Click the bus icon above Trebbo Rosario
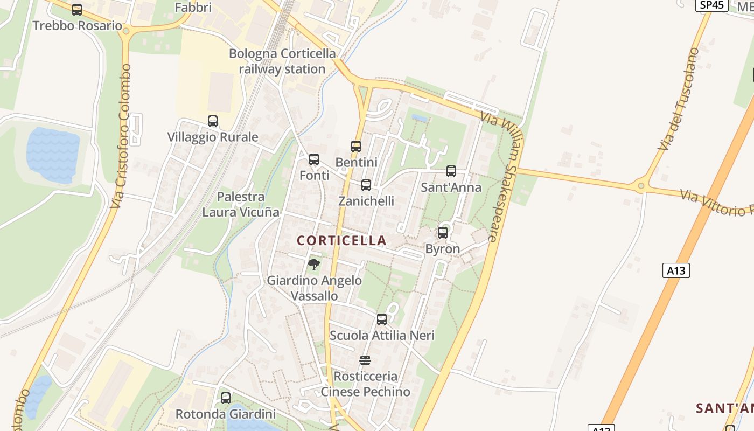click(x=77, y=9)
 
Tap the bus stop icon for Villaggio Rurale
click(x=213, y=121)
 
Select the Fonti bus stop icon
click(x=314, y=159)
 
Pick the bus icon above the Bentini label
click(x=356, y=146)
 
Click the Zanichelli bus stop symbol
click(x=366, y=185)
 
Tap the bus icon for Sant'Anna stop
click(x=451, y=171)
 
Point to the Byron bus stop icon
click(x=443, y=233)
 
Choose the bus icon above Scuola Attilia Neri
click(x=382, y=319)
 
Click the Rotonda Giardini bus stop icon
click(x=226, y=398)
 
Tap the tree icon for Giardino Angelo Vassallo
click(x=314, y=265)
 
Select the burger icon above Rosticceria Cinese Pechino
click(x=365, y=360)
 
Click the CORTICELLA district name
click(x=342, y=240)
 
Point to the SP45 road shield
click(x=712, y=5)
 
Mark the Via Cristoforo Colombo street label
click(x=121, y=137)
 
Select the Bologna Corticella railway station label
click(x=282, y=61)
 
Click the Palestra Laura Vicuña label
click(x=241, y=204)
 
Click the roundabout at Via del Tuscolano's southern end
click(x=641, y=186)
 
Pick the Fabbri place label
click(x=193, y=8)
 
